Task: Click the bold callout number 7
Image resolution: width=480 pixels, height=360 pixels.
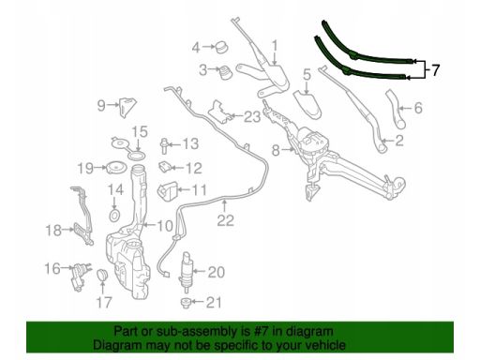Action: pos(435,70)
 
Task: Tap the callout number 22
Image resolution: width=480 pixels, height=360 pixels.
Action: pos(225,220)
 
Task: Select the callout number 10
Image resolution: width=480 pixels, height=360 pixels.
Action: pos(165,226)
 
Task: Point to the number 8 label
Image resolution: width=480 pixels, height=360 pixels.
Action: pos(276,150)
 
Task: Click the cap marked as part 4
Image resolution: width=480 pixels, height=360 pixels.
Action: pos(221,47)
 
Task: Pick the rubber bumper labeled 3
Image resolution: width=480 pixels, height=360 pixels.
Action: pos(225,72)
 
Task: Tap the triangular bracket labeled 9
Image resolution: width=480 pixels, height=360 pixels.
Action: pos(127,107)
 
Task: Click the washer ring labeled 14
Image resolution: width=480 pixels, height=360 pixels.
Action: pos(114,216)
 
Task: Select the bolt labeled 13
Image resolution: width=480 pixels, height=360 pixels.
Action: pos(164,145)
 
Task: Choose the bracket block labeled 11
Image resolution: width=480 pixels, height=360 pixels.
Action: pos(167,190)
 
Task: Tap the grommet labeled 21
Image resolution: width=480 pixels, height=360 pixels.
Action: pos(186,303)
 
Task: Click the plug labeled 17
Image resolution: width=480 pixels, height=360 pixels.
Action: pos(102,275)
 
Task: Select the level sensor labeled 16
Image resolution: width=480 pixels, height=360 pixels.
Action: pos(80,277)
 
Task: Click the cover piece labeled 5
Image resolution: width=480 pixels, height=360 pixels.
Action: pos(307,103)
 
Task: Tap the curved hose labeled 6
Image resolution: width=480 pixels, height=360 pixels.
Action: pos(395,108)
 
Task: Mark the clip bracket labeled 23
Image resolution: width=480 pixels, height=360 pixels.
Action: pos(221,112)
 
